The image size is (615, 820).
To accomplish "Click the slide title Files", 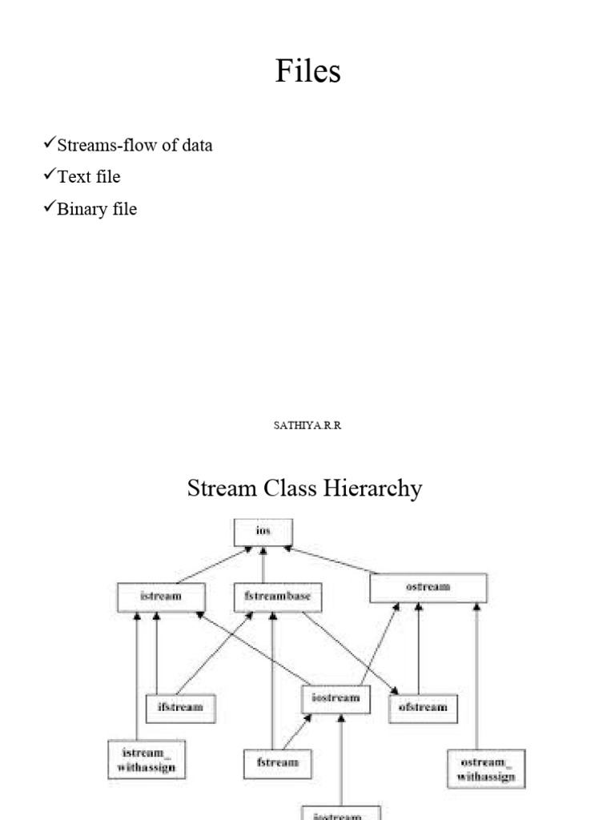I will [307, 71].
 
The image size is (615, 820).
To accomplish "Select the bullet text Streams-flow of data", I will [135, 146].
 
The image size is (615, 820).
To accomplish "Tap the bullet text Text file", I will [88, 176].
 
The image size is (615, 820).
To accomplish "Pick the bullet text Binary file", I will [97, 209].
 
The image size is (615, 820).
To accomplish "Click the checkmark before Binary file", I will [49, 207].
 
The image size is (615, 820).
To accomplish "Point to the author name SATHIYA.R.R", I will [307, 426].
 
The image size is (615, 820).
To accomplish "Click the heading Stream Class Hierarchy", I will [304, 488].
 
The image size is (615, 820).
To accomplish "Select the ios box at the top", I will [263, 532].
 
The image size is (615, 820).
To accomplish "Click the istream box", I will [161, 597].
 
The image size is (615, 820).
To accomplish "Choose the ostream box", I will [428, 588].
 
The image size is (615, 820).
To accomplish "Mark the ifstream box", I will [180, 708].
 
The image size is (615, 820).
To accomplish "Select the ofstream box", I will [423, 708].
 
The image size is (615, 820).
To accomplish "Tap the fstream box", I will [278, 763].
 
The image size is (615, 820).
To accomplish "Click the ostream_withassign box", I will [487, 768].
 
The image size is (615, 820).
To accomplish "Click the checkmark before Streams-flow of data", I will [49, 144].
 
